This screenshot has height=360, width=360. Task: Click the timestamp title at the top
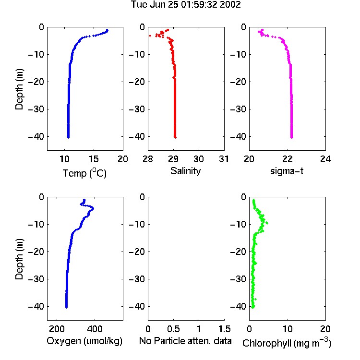click(186, 5)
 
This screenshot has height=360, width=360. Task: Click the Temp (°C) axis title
click(84, 173)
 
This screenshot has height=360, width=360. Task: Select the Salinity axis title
click(185, 171)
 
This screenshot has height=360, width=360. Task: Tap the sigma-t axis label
click(287, 171)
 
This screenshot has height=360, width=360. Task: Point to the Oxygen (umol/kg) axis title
click(84, 341)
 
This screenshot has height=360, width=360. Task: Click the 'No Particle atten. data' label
click(185, 341)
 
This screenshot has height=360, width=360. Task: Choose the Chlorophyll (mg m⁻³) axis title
click(287, 343)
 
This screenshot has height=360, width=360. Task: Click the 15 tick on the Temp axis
click(94, 159)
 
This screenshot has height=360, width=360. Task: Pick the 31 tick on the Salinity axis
click(224, 159)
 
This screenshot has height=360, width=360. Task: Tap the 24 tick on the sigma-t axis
click(325, 159)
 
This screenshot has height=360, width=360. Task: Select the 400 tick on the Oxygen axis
click(95, 329)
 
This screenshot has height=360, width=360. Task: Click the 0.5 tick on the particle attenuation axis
click(174, 329)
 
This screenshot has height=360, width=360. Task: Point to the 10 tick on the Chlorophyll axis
click(288, 329)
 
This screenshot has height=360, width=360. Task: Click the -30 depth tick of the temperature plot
click(36, 109)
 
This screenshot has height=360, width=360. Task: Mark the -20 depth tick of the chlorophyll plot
click(238, 252)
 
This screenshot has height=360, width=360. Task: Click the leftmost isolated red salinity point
click(150, 36)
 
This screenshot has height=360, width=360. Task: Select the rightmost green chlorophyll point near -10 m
click(267, 223)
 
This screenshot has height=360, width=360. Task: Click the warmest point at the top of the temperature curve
click(107, 30)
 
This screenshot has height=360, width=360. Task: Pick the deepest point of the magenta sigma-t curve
click(292, 138)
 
